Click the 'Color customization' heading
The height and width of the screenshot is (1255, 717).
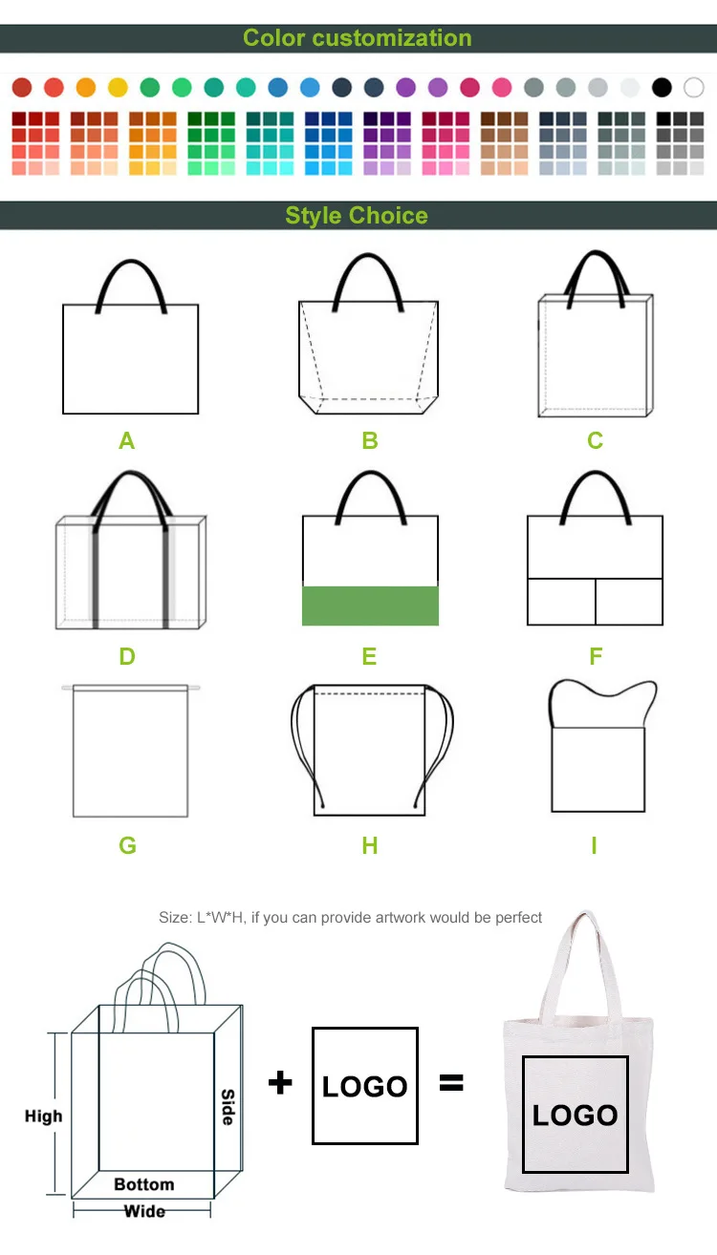coord(357,38)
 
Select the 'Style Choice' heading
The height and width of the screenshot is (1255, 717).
coord(357,215)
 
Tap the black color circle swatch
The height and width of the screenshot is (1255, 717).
coord(662,88)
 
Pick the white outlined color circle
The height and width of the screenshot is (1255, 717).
coord(694,88)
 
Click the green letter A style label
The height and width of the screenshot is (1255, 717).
coord(127,440)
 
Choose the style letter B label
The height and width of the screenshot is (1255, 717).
coord(370,440)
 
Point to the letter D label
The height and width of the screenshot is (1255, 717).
coord(127,656)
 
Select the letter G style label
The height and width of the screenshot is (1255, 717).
coord(127,845)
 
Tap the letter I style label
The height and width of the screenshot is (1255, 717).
coord(594,845)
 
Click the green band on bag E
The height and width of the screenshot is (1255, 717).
coord(370,606)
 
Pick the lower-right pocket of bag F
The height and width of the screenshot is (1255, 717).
coord(629,602)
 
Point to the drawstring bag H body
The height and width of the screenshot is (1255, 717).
coord(369,755)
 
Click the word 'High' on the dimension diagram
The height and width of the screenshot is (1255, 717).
coord(43,1116)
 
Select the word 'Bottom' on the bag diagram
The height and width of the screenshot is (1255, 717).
coord(144,1184)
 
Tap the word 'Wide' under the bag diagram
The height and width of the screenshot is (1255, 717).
coord(144,1211)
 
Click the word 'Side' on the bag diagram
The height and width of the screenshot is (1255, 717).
coord(228,1107)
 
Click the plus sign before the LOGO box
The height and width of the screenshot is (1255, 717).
coord(280,1082)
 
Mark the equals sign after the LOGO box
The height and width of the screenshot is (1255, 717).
coord(450,1082)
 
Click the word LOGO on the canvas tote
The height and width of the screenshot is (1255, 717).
coord(575,1115)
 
